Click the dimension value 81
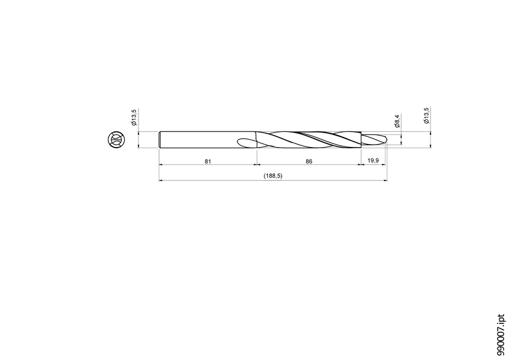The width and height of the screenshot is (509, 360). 207,161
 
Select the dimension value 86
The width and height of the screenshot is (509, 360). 309,161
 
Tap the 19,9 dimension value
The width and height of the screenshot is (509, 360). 373,161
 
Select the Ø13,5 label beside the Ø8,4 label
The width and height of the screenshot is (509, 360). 426,116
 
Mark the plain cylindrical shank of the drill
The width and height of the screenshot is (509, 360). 204,140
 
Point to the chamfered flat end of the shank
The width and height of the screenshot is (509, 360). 160,140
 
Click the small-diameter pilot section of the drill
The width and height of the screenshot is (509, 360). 374,140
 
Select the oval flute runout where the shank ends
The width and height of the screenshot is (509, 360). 248,143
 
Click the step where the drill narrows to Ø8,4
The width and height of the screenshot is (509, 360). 362,140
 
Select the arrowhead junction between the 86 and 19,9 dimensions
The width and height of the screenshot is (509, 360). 361,165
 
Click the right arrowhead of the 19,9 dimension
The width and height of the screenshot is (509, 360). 385,165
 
